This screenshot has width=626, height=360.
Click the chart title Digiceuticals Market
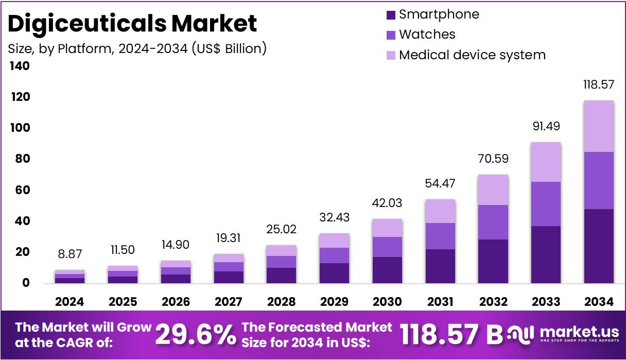(x=132, y=23)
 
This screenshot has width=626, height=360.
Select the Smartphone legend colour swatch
(x=391, y=15)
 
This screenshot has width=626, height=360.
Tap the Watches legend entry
(x=427, y=35)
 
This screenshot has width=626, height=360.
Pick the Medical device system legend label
(x=472, y=55)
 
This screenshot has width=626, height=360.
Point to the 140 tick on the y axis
(x=19, y=66)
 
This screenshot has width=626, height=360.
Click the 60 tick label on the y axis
(x=21, y=190)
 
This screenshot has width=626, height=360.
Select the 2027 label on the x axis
(x=229, y=301)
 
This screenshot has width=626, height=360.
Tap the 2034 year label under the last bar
(x=599, y=301)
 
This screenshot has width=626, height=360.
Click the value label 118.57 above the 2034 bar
(x=599, y=85)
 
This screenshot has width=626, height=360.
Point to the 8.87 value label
(x=69, y=254)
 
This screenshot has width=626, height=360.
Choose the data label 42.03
(x=387, y=203)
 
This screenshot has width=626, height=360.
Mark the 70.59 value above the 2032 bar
(x=493, y=159)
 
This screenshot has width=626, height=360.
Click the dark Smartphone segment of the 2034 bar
(x=599, y=246)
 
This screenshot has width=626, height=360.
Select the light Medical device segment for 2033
(x=546, y=162)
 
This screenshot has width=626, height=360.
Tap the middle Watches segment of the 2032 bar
(x=493, y=222)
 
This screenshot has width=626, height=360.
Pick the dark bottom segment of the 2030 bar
(x=387, y=270)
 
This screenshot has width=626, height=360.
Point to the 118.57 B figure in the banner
(x=451, y=335)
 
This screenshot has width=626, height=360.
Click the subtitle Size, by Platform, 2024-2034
(x=137, y=48)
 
